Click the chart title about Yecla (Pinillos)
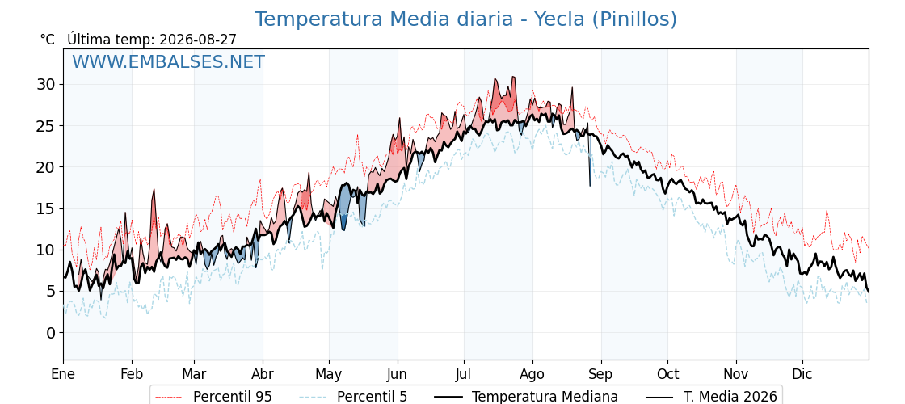click(x=465, y=19)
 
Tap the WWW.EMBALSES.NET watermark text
click(x=169, y=61)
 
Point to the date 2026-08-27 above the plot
click(x=198, y=40)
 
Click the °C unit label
click(x=48, y=40)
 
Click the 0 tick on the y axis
click(x=53, y=333)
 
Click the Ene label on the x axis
click(x=63, y=375)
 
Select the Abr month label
click(x=263, y=375)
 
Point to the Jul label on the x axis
click(x=464, y=375)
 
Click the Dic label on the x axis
click(x=802, y=375)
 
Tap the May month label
click(x=329, y=375)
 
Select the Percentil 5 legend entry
click(x=353, y=397)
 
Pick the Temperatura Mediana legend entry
click(x=525, y=397)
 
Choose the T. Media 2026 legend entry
click(x=711, y=397)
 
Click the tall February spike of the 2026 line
click(x=154, y=189)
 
